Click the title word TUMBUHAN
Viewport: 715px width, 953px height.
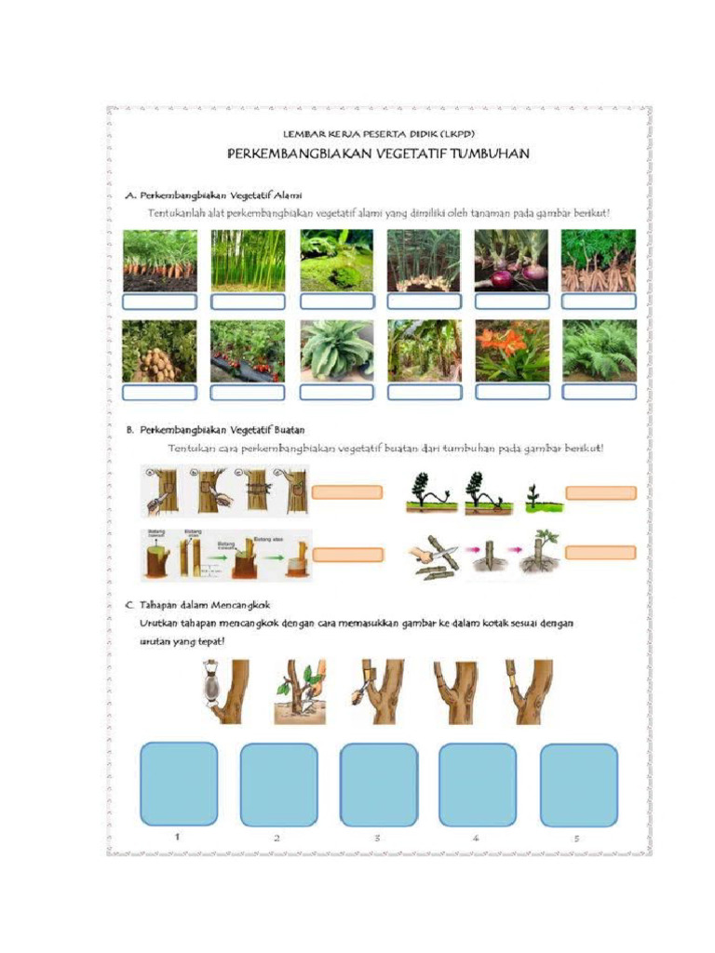pyautogui.click(x=490, y=154)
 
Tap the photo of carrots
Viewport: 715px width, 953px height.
pyautogui.click(x=159, y=261)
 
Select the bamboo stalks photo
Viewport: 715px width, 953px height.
pyautogui.click(x=248, y=261)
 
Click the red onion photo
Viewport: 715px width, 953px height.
pyautogui.click(x=511, y=261)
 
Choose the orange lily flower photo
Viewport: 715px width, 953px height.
pyautogui.click(x=511, y=350)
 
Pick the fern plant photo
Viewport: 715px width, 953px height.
pyautogui.click(x=599, y=350)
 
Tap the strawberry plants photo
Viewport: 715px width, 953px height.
pyautogui.click(x=248, y=350)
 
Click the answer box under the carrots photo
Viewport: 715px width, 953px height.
pyautogui.click(x=159, y=302)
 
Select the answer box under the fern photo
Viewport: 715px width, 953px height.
pyautogui.click(x=599, y=392)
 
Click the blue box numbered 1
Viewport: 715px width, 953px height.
pyautogui.click(x=179, y=784)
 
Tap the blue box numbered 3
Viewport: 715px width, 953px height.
pyautogui.click(x=378, y=784)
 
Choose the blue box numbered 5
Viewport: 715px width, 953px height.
pyautogui.click(x=578, y=784)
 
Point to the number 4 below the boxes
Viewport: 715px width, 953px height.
pyautogui.click(x=476, y=838)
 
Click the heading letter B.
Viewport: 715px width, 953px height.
pyautogui.click(x=129, y=430)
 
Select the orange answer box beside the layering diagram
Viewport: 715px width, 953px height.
pyautogui.click(x=600, y=493)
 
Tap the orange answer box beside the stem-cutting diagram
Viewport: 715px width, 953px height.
pyautogui.click(x=600, y=553)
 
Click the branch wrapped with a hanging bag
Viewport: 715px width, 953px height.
pyautogui.click(x=224, y=691)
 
